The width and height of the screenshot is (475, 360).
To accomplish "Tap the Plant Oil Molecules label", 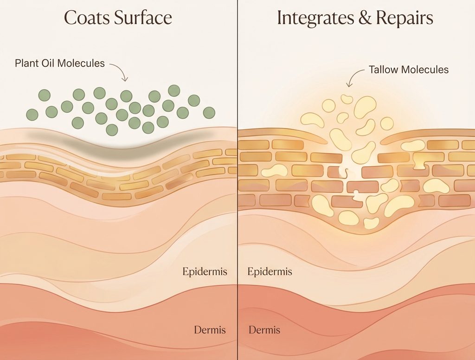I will [x=60, y=63].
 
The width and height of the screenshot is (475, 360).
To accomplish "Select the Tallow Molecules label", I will [x=409, y=70].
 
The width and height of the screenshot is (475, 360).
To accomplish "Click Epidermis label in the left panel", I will [x=205, y=271].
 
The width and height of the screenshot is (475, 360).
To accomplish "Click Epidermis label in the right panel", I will [x=270, y=271].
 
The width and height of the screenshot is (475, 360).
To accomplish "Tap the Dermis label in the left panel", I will [x=210, y=330].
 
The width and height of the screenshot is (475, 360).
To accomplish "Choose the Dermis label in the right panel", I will [x=264, y=330].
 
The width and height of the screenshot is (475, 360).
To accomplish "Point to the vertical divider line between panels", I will [x=237, y=186].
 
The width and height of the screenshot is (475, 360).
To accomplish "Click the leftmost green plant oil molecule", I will [x=32, y=114].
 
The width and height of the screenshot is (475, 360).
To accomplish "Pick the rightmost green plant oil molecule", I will [x=209, y=112].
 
